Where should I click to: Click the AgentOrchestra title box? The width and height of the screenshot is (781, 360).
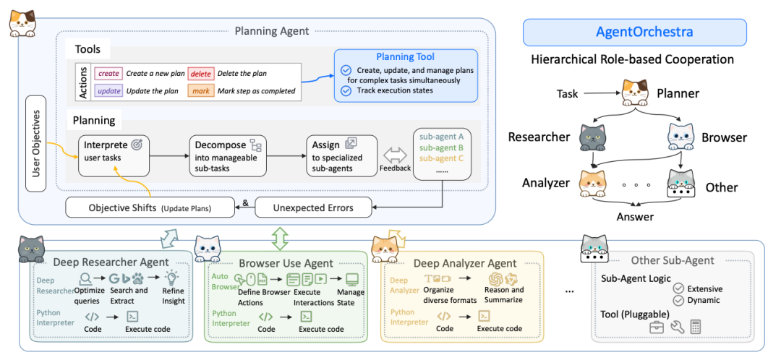(x=634, y=33)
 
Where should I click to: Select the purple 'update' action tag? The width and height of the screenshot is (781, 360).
(x=108, y=91)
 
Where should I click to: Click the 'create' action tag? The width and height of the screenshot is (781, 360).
(x=108, y=74)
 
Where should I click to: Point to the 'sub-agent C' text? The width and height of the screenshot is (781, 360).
(x=442, y=158)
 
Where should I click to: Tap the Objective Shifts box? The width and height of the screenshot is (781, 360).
(x=150, y=207)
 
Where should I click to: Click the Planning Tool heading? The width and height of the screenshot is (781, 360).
(x=405, y=57)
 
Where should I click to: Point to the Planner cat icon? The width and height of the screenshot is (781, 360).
(x=635, y=93)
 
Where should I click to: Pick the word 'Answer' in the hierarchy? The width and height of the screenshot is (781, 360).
(x=635, y=216)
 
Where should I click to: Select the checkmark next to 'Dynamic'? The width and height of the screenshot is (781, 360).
(x=678, y=301)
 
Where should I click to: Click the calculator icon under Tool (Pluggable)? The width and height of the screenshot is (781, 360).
(x=696, y=327)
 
